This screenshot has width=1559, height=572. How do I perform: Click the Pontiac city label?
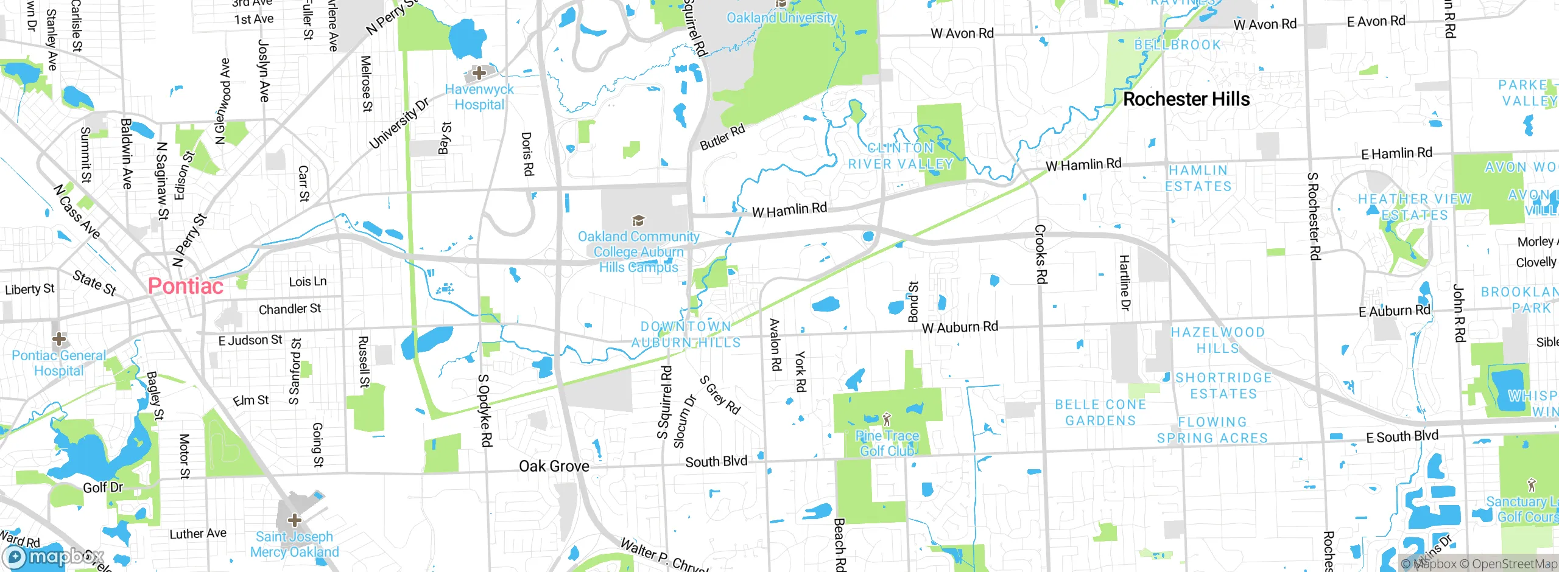click(186, 286)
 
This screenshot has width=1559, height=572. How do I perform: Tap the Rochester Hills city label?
click(1186, 99)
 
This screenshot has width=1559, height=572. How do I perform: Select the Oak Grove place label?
click(554, 466)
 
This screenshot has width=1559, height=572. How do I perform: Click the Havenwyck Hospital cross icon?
click(479, 73)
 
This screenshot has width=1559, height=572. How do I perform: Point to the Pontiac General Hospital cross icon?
click(59, 338)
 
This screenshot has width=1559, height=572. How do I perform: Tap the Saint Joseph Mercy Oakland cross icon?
click(295, 520)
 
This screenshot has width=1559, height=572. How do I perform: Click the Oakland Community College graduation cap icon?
click(638, 220)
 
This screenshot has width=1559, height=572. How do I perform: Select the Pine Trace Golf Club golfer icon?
click(887, 419)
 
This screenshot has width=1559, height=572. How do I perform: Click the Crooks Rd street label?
click(1041, 254)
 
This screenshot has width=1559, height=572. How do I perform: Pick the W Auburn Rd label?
click(960, 327)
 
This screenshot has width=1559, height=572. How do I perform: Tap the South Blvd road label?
click(716, 462)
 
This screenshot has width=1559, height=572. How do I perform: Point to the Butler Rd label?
click(722, 137)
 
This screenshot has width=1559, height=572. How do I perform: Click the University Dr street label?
click(399, 123)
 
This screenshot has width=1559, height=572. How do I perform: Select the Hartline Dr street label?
click(1125, 283)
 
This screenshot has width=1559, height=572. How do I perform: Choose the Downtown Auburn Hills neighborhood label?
click(686, 335)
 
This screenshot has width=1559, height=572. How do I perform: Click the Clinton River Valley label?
click(901, 156)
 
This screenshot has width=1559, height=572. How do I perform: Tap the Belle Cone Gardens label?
click(1100, 413)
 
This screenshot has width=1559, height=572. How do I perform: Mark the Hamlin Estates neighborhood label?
click(1198, 178)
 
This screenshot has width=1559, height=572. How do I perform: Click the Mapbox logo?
click(52, 557)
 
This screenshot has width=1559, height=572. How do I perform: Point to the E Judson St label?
click(250, 340)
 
